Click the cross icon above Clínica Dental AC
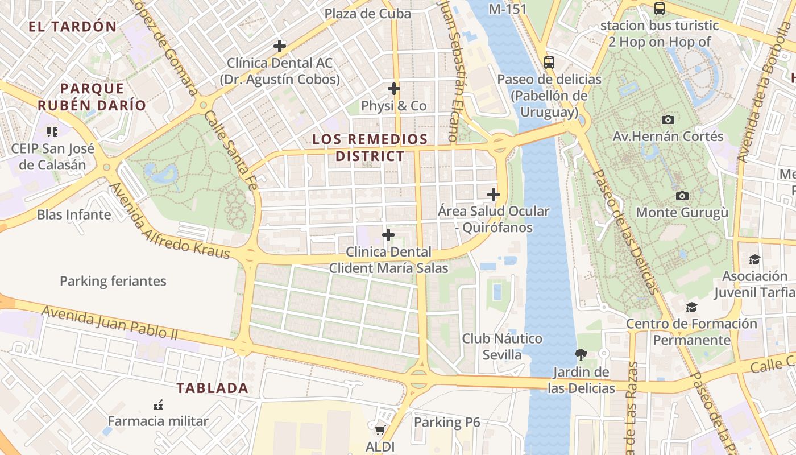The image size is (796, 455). coord(279,46)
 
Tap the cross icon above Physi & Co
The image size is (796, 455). coord(394,89)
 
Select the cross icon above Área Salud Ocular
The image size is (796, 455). coord(494,195)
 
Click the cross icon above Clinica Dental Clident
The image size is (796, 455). coord(388,235)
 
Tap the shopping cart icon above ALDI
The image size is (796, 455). coord(380,429)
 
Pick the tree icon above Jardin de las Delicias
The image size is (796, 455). coord(581,355)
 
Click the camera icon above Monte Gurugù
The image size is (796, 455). coord(682,196)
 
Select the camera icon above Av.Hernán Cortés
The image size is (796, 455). coord(668,119)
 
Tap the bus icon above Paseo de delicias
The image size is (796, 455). coord(549,63)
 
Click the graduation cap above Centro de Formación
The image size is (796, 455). coord(691,308)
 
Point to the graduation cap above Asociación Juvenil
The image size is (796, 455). coord(754,260)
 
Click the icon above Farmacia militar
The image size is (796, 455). coord(158,405)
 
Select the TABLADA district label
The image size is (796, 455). coord(212,388)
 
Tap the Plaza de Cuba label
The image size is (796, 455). coord(367,14)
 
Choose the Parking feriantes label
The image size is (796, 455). coord(113,281)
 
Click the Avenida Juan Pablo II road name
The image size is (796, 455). coord(110,322)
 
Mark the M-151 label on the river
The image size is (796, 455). coord(508,9)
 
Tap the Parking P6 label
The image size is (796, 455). coord(447,422)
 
